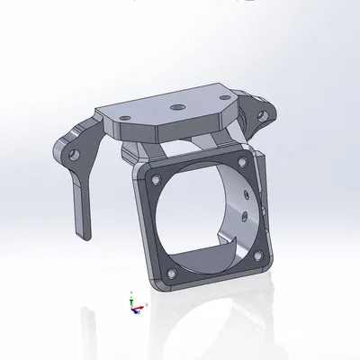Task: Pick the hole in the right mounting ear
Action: (x=265, y=113)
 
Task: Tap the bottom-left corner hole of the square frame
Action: (x=171, y=272)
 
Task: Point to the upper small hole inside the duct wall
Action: (x=249, y=193)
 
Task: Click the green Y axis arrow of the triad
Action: (x=131, y=294)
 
